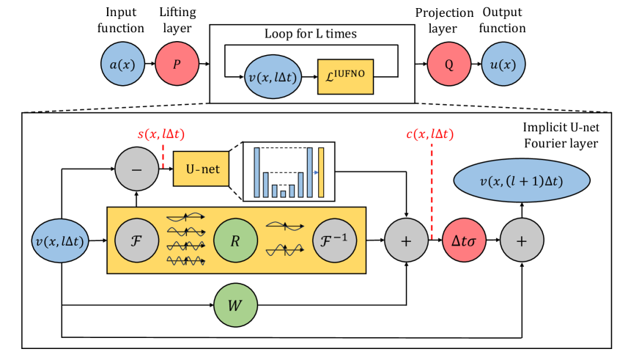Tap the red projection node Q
(x=448, y=65)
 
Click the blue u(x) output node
(x=503, y=65)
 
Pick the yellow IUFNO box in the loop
(x=346, y=76)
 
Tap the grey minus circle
(x=136, y=169)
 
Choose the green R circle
(x=236, y=240)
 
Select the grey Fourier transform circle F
(x=136, y=240)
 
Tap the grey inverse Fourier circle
(x=335, y=240)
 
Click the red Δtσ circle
(x=463, y=240)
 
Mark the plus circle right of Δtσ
(x=522, y=240)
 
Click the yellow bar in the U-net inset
(x=322, y=172)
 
